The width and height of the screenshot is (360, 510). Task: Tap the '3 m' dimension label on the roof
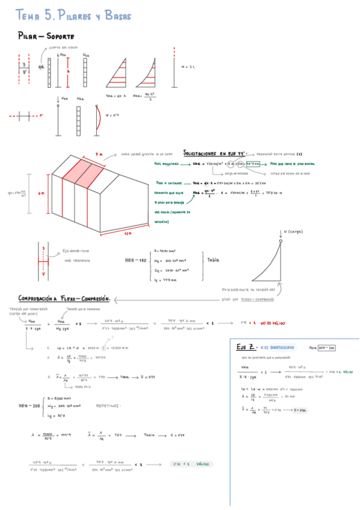tap(98, 154)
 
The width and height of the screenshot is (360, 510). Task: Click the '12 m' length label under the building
tap(127, 232)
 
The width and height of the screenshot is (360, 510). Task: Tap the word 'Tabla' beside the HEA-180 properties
tap(214, 261)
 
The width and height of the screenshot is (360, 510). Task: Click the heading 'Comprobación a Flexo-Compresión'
tap(64, 298)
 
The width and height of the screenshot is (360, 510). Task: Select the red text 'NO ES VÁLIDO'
tap(272, 324)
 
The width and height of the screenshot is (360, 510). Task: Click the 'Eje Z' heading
tap(246, 347)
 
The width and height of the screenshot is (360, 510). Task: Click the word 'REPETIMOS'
tap(108, 406)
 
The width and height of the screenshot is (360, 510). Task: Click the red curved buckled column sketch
tap(98, 117)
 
